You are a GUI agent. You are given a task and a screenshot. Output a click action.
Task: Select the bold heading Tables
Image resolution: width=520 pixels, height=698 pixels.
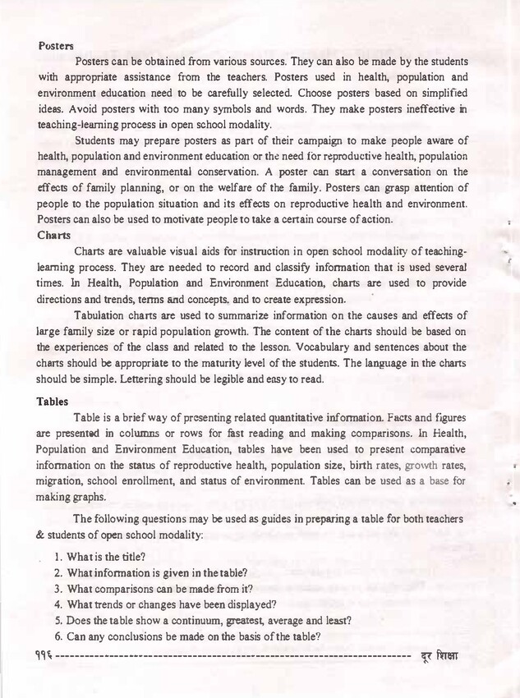tap(53, 402)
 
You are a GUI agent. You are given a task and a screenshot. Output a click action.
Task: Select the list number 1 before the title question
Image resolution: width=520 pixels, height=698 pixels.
tap(58, 556)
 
